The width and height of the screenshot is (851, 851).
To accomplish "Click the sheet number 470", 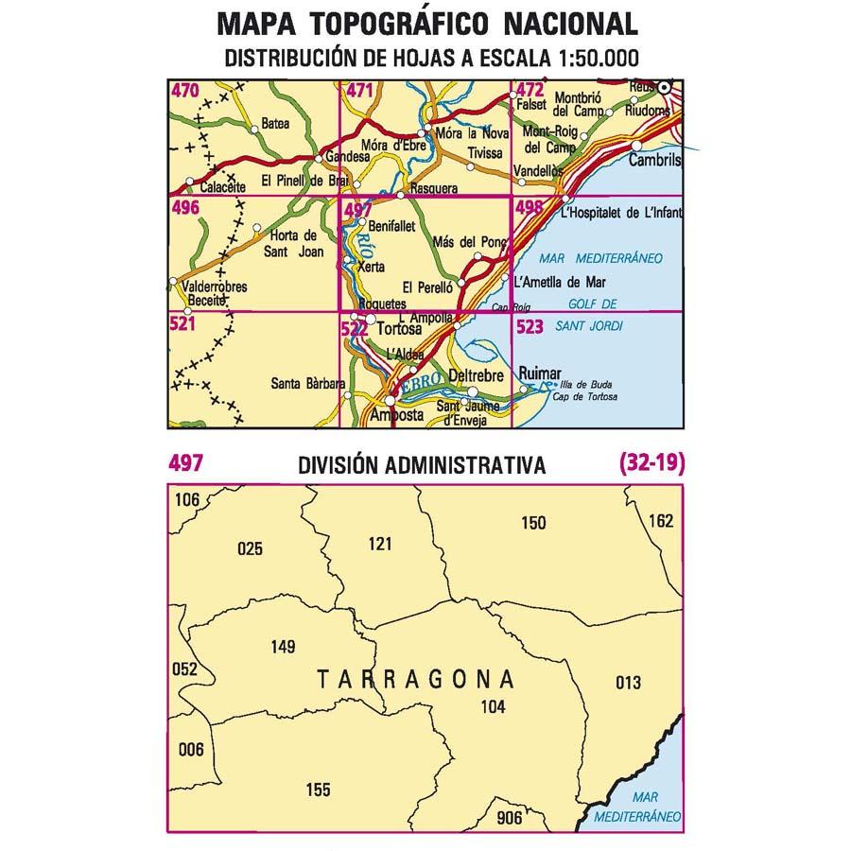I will (185, 92).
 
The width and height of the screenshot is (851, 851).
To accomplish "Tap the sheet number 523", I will (530, 327).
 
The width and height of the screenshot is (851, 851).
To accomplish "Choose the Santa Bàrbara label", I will (306, 384).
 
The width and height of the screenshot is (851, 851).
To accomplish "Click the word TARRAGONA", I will (415, 680).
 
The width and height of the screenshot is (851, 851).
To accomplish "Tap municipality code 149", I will (283, 647).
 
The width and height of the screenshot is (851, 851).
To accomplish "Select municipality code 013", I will (627, 683).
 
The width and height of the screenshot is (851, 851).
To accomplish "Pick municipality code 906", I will (509, 819).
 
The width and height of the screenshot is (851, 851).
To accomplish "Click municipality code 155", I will (319, 790).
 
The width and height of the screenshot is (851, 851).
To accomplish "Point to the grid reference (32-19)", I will (651, 463).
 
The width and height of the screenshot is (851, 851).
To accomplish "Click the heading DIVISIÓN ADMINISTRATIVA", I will (421, 465).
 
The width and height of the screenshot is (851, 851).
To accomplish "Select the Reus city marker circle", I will (666, 87).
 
